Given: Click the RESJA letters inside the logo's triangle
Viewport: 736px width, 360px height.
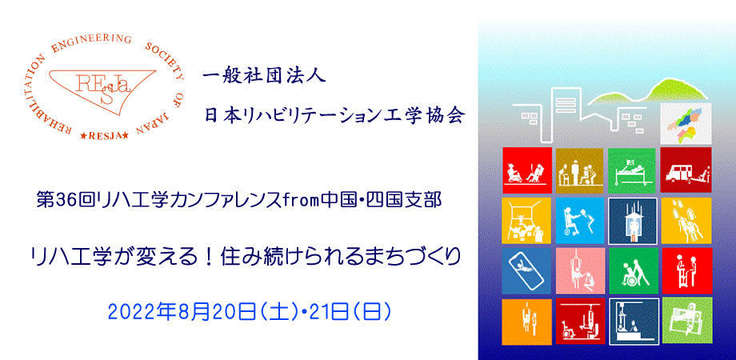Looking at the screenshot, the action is pos(103,88).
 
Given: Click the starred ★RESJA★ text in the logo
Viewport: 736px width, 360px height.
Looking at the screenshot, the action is pos(104,136).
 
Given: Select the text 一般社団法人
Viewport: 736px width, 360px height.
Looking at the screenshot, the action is pos(264,77).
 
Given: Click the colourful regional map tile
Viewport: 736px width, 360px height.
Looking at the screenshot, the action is pos(686,124).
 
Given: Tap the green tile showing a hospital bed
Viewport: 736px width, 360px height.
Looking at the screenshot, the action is pos(632,170).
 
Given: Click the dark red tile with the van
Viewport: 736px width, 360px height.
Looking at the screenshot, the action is pos(686,170).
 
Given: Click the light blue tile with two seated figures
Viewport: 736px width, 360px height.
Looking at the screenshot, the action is pos(580,221).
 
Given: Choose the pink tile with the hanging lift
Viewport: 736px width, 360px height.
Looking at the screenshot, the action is pos(580,271).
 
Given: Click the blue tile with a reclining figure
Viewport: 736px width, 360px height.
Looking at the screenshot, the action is pos(526,271).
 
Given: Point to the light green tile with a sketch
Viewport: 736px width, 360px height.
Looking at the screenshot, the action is pos(686,320).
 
